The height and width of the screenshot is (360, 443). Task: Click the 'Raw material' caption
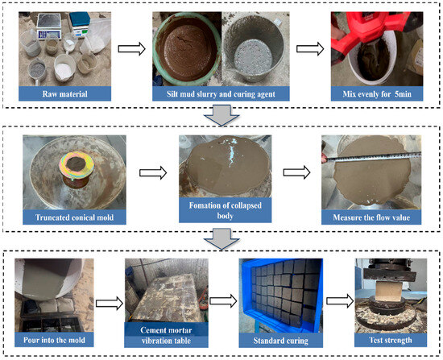[64, 93]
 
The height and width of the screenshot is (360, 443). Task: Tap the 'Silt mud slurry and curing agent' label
[221, 93]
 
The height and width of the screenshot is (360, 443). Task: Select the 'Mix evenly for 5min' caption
[377, 93]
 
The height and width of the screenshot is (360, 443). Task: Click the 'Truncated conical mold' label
[74, 217]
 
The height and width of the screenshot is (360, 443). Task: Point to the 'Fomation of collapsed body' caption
[226, 210]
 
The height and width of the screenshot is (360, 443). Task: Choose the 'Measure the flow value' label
[371, 217]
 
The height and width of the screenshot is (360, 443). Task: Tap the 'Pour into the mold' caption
[54, 340]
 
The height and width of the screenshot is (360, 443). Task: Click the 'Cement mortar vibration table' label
[166, 335]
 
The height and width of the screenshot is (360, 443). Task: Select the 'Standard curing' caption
[280, 341]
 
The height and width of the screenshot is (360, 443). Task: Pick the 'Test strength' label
[391, 340]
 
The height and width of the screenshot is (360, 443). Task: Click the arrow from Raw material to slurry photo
[131, 49]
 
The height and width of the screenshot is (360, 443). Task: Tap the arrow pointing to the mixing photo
[310, 49]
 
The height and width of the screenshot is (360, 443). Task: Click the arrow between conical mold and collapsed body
[153, 172]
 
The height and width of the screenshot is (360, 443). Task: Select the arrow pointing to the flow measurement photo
[296, 172]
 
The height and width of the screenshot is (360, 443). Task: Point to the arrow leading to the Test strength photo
[340, 301]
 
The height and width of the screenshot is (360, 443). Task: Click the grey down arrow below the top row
[221, 115]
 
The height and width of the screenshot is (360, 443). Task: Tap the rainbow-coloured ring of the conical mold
[77, 165]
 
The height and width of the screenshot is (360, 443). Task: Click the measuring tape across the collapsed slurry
[371, 157]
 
